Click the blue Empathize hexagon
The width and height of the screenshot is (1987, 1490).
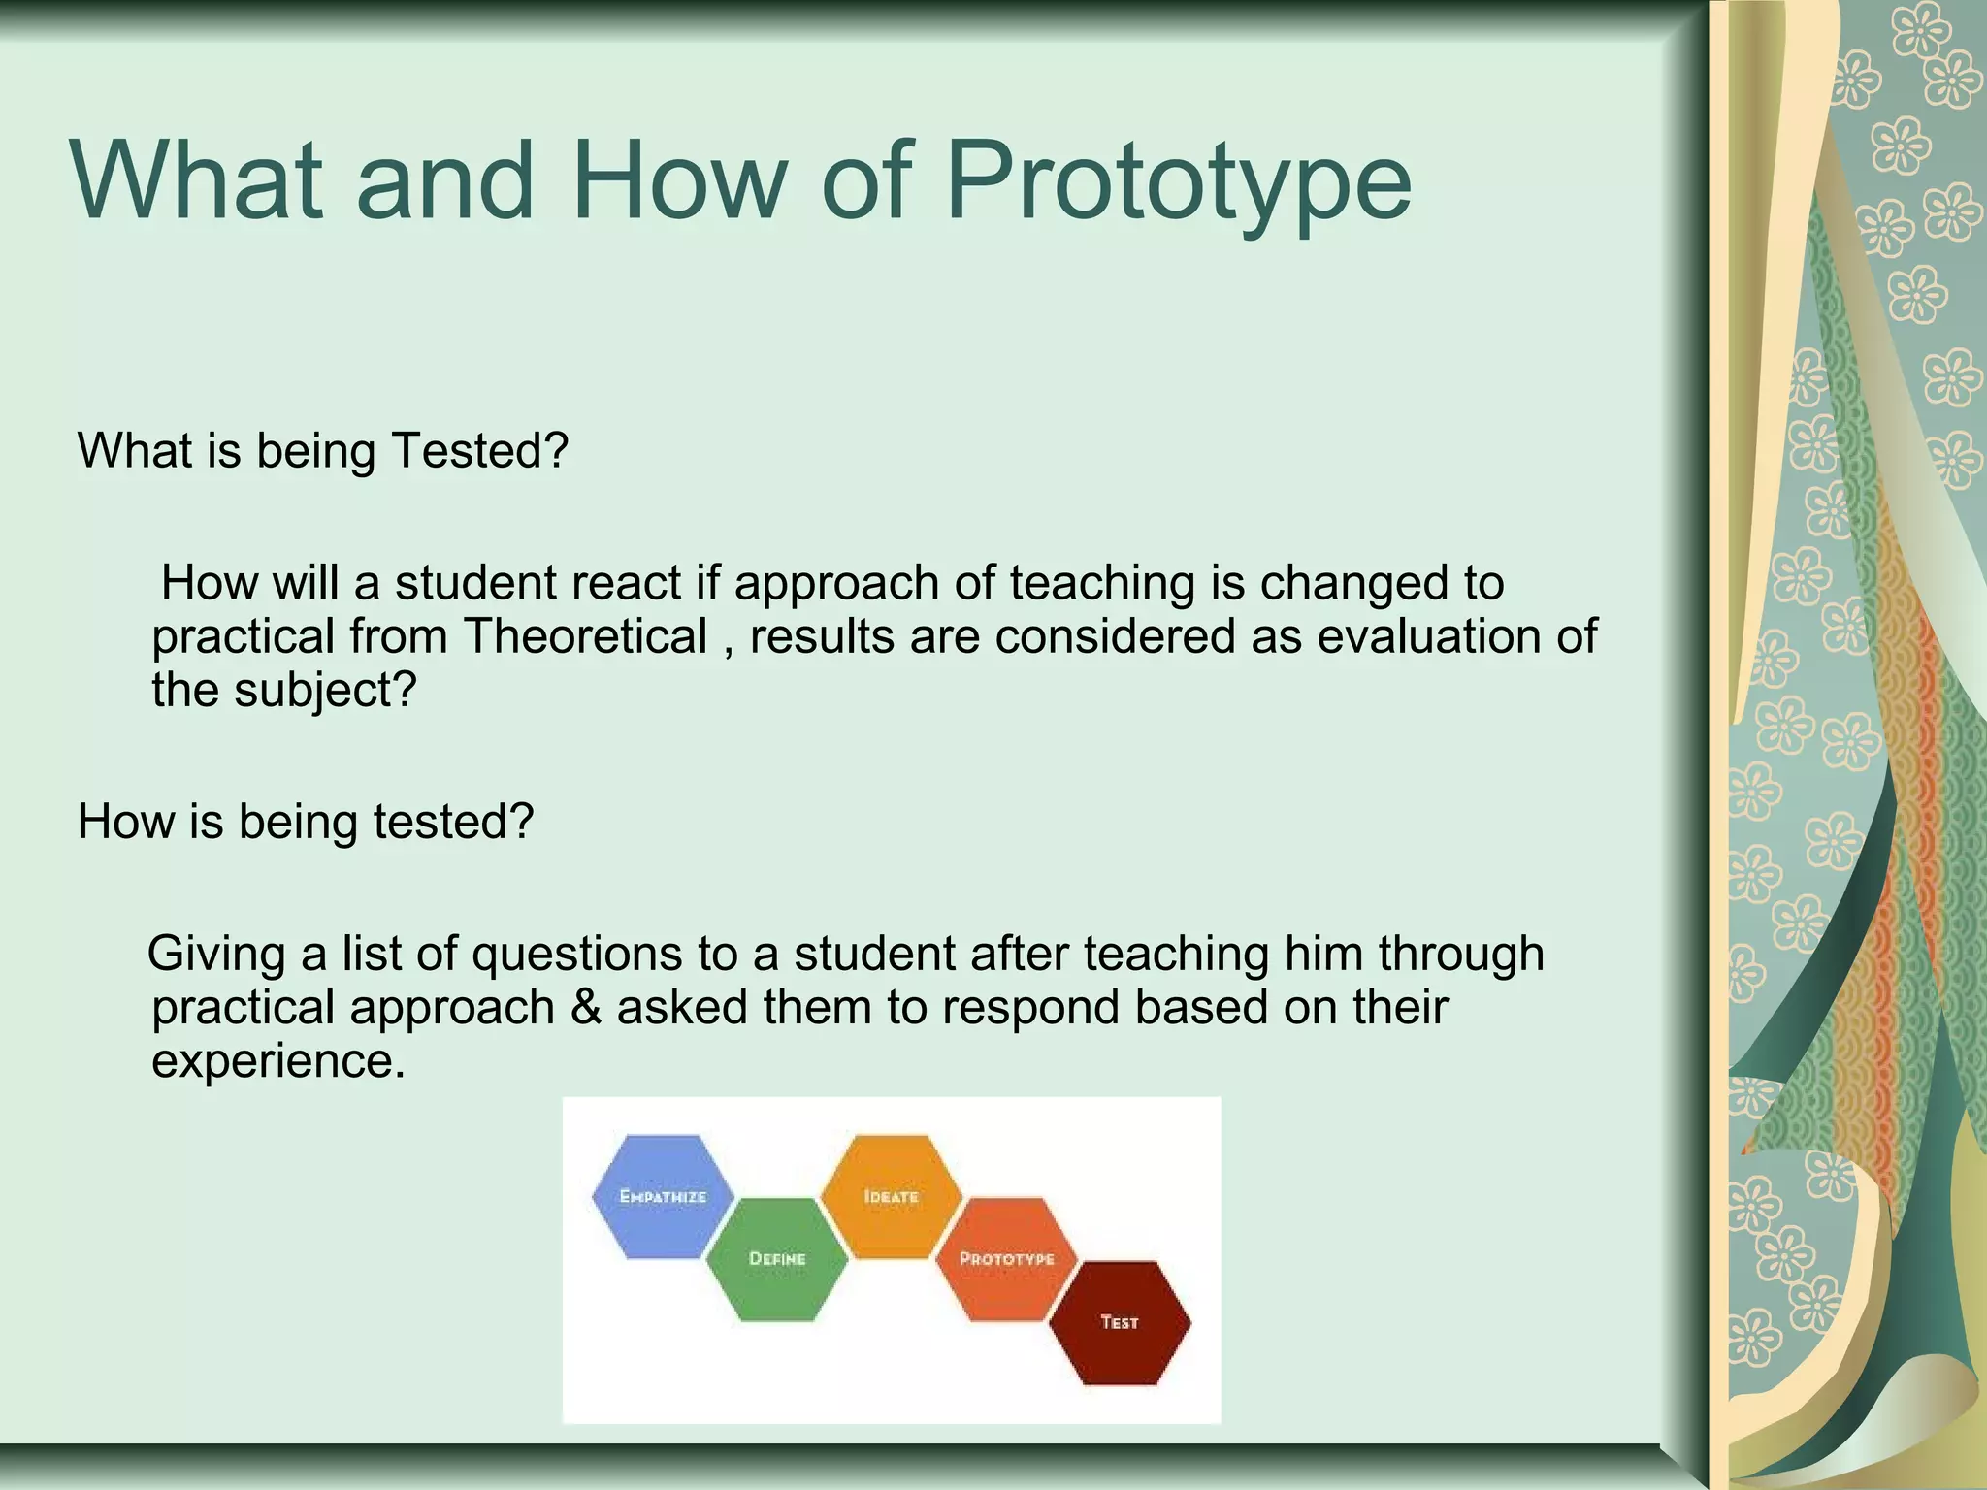pyautogui.click(x=664, y=1196)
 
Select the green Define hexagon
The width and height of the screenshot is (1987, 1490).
pyautogui.click(x=777, y=1258)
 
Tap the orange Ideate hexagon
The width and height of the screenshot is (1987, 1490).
pyautogui.click(x=891, y=1196)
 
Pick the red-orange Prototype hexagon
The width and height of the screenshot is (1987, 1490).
pyautogui.click(x=1006, y=1258)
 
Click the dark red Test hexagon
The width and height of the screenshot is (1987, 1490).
pyautogui.click(x=1120, y=1322)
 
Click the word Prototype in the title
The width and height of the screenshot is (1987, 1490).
pyautogui.click(x=1178, y=181)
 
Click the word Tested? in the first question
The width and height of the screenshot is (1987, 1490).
pyautogui.click(x=479, y=451)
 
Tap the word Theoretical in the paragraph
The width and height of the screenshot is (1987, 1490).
pyautogui.click(x=585, y=637)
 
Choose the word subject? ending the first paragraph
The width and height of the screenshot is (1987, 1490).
pyautogui.click(x=324, y=691)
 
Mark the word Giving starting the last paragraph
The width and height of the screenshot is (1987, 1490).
pyautogui.click(x=216, y=954)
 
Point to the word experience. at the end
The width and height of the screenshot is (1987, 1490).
pyautogui.click(x=277, y=1061)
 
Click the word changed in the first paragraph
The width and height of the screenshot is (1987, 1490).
pyautogui.click(x=1349, y=583)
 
